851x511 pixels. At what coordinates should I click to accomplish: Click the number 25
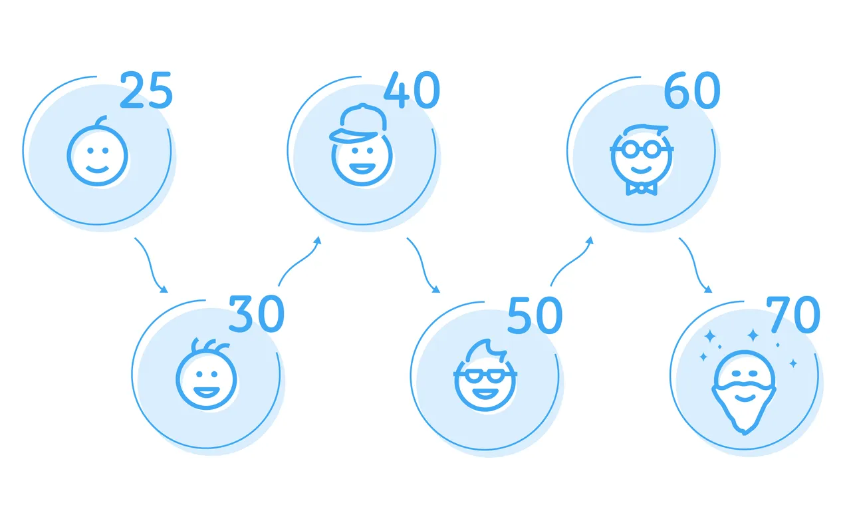pos(146,90)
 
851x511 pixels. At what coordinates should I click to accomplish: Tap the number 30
pos(257,314)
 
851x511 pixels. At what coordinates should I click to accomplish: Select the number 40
pos(412,90)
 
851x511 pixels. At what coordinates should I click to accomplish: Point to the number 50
pos(535,315)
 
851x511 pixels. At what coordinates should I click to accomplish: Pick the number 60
pos(692,90)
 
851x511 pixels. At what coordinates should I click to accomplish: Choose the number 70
pos(793,315)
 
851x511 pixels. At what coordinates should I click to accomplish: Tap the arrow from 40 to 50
pos(424,266)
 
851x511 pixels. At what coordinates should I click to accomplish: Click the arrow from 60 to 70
pos(696,266)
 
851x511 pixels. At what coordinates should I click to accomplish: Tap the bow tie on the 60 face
pos(642,188)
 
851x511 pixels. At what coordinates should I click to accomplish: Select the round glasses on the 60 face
pos(642,150)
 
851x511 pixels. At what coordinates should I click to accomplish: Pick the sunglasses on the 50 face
pos(485,375)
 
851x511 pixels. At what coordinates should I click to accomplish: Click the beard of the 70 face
pos(744,407)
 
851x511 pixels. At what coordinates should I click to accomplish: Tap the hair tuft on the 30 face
pos(209,345)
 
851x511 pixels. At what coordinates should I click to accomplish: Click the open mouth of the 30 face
pos(206,392)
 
